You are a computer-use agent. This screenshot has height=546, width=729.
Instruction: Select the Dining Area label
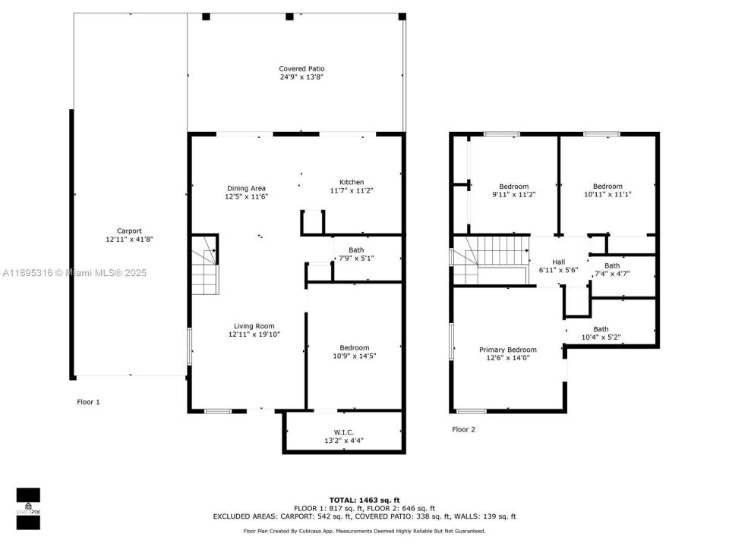pyautogui.click(x=246, y=188)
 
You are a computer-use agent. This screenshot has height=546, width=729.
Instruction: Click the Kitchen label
pyautogui.click(x=351, y=182)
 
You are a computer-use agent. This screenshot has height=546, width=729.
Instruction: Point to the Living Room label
pyautogui.click(x=255, y=325)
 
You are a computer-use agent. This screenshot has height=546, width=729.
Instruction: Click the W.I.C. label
pyautogui.click(x=344, y=432)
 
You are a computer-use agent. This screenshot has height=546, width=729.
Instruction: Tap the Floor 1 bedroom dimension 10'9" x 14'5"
pyautogui.click(x=355, y=356)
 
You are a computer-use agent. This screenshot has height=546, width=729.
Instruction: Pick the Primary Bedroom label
pyautogui.click(x=507, y=350)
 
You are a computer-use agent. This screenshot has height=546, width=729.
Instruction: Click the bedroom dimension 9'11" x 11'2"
pyautogui.click(x=513, y=195)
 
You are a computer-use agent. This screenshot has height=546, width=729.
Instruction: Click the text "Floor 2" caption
pyautogui.click(x=463, y=429)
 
